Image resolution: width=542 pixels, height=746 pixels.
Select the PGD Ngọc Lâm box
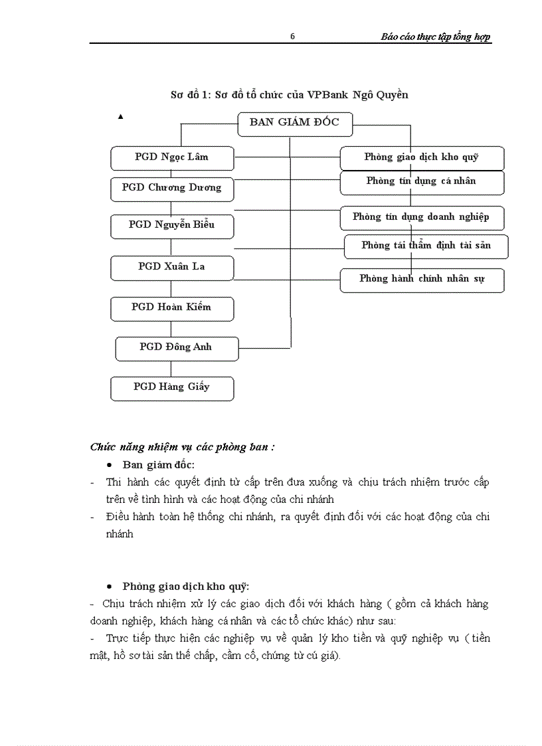172,157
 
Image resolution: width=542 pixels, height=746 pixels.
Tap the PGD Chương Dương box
172,188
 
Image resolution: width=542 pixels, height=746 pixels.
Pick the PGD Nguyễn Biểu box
172,225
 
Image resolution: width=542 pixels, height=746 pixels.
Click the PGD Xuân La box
172,266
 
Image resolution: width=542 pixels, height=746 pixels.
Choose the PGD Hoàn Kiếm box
172,308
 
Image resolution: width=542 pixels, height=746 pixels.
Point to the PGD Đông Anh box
177,347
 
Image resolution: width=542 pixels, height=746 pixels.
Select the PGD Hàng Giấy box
172,387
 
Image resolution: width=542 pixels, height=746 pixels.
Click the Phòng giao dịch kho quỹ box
422,158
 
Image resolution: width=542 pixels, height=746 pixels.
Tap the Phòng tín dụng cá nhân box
422,181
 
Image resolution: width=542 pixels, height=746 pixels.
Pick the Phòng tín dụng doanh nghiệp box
422,217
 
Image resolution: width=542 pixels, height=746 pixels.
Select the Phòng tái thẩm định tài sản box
426,246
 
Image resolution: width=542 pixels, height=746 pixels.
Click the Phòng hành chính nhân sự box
422,279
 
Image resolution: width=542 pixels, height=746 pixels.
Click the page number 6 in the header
292,37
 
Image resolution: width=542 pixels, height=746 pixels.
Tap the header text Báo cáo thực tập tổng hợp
436,37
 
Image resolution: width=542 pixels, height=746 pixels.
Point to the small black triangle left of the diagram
120,116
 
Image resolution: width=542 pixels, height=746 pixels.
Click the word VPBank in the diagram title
329,95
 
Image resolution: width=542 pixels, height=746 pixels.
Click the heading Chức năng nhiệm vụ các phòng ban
182,447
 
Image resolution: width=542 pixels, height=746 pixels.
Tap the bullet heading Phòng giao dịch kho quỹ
185,587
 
